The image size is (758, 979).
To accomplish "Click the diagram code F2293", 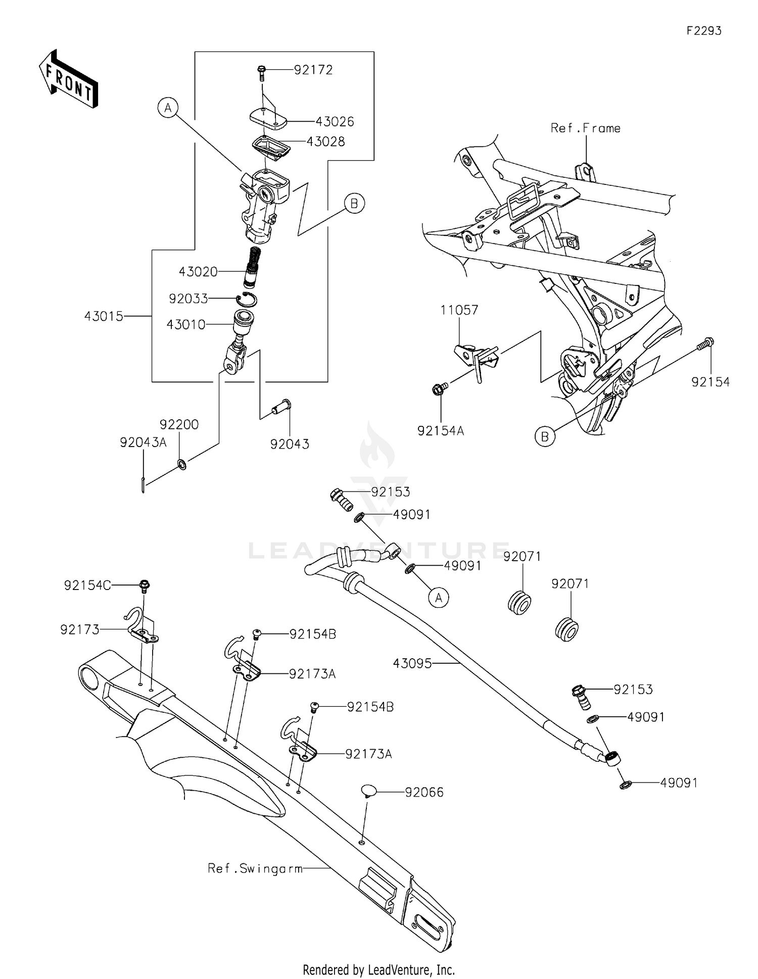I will click(x=703, y=31).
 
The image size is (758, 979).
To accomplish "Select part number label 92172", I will click(x=313, y=70).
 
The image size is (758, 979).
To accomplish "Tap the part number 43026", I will click(x=335, y=122).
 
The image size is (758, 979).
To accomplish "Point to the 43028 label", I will click(x=325, y=142).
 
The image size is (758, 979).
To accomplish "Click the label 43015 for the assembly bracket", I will click(x=104, y=316).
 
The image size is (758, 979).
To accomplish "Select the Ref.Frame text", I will click(x=585, y=128).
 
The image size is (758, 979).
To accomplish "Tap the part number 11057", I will click(x=459, y=310).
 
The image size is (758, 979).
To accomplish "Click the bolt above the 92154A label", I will click(x=438, y=389).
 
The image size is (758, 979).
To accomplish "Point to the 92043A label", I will click(x=143, y=443).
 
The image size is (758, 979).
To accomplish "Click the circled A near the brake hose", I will click(x=438, y=598).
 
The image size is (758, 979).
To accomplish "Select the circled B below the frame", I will click(x=545, y=436).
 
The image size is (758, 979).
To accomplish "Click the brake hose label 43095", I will click(x=412, y=663).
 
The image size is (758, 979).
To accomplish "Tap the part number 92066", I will click(x=424, y=793).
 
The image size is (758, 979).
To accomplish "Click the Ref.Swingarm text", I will click(x=255, y=869).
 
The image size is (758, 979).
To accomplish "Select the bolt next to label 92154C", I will click(x=145, y=586).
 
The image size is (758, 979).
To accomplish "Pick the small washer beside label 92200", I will click(x=181, y=464).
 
